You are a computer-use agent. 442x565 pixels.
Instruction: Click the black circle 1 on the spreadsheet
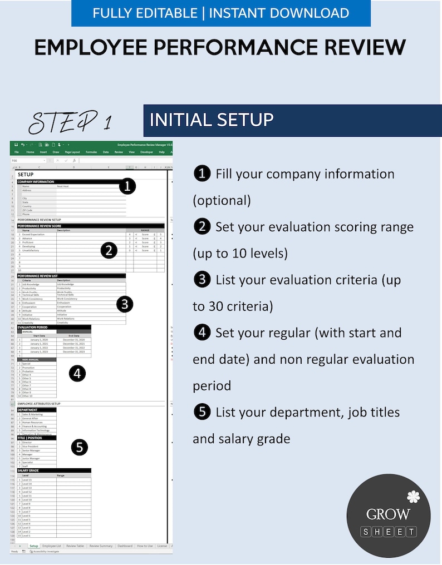click(x=128, y=186)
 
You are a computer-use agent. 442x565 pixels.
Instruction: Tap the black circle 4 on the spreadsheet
click(x=77, y=374)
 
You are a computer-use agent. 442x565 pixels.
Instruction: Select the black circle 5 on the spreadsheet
click(x=80, y=447)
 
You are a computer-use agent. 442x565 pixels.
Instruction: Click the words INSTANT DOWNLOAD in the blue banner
click(x=279, y=13)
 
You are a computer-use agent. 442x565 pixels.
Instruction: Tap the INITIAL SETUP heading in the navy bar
click(x=212, y=120)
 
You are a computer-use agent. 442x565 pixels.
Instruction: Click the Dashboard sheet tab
click(x=125, y=546)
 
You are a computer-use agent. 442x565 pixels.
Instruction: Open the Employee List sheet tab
click(x=52, y=546)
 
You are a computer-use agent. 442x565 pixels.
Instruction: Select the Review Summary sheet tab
click(x=101, y=546)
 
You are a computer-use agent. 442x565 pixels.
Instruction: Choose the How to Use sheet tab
click(x=145, y=546)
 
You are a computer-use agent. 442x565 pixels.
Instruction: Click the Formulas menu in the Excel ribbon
click(x=91, y=152)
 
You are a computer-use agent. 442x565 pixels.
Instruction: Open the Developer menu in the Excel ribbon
click(x=146, y=152)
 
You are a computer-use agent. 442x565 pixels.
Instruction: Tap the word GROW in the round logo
click(x=388, y=514)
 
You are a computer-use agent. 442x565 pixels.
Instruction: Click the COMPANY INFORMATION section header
click(x=36, y=182)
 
